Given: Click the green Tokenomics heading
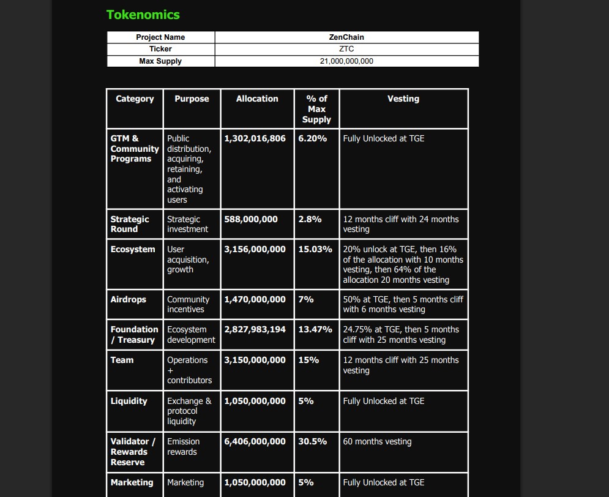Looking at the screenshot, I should click(x=143, y=15).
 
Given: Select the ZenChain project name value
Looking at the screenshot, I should click(x=346, y=37).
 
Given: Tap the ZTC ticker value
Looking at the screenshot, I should click(x=346, y=49).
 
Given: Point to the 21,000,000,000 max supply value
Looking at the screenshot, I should click(x=346, y=61).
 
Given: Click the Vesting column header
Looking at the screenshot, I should click(x=403, y=99).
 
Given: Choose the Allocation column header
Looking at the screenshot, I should click(x=257, y=99).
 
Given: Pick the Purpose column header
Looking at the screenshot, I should click(x=192, y=99).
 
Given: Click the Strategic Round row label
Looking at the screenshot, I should click(x=130, y=224).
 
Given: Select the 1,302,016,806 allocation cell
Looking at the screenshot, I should click(x=255, y=138).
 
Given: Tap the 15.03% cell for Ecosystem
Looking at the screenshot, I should click(x=315, y=249).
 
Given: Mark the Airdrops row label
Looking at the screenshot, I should click(x=129, y=299).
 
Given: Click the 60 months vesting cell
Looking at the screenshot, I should click(x=377, y=441).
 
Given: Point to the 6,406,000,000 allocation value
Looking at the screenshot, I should click(x=255, y=441).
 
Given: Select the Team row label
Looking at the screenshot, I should click(x=122, y=360).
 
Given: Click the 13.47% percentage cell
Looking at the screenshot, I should click(x=315, y=329).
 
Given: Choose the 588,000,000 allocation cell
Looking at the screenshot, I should click(x=251, y=219).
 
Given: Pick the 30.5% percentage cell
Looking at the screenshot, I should click(x=313, y=441).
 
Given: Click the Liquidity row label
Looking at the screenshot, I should click(x=129, y=401).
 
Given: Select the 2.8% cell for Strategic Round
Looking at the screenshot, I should click(x=310, y=219).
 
